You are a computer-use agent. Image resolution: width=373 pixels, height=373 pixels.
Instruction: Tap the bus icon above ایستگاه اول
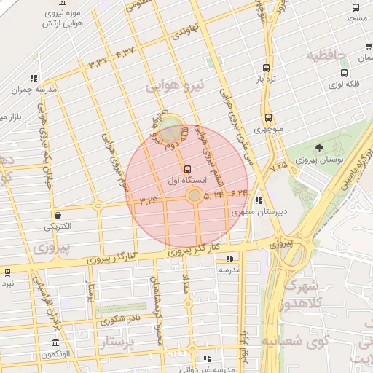click(188, 168)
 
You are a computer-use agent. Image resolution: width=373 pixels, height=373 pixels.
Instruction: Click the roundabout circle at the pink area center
click(194, 195)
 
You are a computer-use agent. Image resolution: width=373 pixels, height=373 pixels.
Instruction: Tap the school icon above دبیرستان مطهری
click(260, 202)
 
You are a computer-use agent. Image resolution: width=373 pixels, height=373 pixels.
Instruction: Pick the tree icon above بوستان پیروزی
click(321, 148)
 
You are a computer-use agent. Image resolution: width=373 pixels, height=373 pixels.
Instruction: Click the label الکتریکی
click(58, 226)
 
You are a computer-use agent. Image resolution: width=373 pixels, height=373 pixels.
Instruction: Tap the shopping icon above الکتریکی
click(58, 214)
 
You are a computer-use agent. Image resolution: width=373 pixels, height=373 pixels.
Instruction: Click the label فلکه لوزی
click(345, 85)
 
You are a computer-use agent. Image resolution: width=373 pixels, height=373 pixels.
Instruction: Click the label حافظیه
click(324, 55)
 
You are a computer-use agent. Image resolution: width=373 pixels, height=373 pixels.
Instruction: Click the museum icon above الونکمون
click(56, 342)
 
